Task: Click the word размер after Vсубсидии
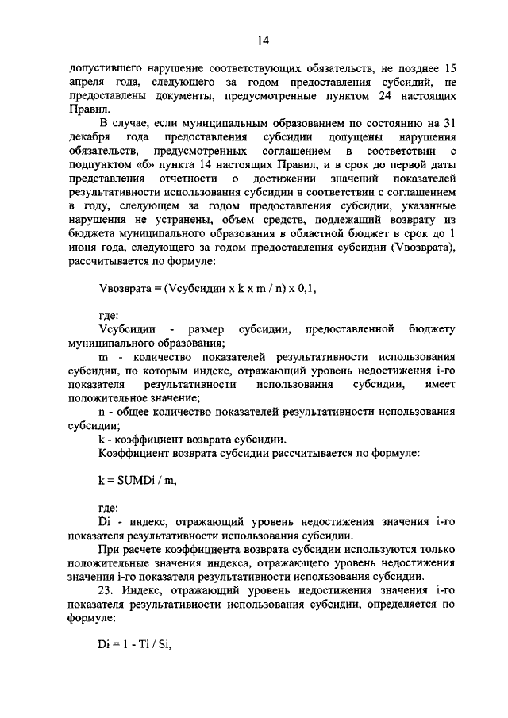(206, 330)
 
